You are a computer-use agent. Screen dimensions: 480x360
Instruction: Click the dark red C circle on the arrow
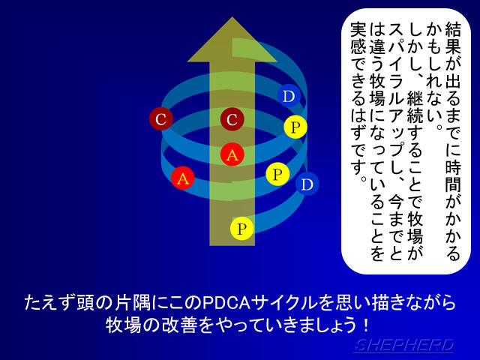[232, 119]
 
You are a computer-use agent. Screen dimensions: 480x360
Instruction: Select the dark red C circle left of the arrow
[161, 119]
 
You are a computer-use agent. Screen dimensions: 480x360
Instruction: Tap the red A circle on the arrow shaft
[232, 154]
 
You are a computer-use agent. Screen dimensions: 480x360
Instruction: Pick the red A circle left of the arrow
[183, 178]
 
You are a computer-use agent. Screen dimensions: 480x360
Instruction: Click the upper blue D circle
[289, 96]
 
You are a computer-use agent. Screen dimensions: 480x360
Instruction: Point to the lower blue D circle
[307, 184]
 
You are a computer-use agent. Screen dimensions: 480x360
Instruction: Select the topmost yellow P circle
[295, 127]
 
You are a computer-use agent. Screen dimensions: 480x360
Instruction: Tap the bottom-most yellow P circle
[241, 228]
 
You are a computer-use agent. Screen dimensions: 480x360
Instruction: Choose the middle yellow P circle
[277, 174]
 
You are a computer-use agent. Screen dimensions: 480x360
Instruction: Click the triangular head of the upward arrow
[232, 41]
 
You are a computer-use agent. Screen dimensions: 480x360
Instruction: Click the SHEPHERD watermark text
[404, 346]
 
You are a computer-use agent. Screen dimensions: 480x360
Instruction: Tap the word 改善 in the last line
[178, 325]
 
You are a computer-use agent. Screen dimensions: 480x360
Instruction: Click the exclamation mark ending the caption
[366, 325]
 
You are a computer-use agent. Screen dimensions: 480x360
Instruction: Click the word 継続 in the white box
[415, 106]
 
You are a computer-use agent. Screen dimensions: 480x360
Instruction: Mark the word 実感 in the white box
[358, 37]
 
